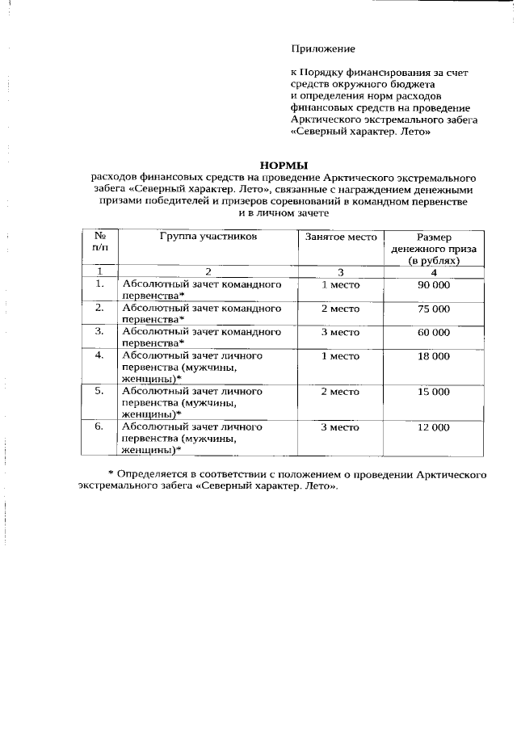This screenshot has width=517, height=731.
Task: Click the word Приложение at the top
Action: [322, 49]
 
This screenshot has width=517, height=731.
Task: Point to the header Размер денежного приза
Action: [434, 250]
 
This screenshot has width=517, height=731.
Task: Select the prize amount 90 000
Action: [434, 285]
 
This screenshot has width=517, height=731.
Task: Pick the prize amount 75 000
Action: [434, 309]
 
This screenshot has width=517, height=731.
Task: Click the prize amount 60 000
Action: [434, 332]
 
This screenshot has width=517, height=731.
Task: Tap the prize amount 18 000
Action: [434, 355]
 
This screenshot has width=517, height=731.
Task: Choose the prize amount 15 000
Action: [434, 392]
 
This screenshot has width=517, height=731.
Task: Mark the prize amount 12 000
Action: [434, 427]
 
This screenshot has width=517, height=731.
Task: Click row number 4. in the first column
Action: [100, 355]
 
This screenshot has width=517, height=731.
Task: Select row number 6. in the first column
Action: [100, 427]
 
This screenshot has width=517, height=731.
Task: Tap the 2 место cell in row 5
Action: [340, 392]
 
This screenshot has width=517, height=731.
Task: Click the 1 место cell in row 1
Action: [340, 285]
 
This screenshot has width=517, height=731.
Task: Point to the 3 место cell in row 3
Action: [340, 332]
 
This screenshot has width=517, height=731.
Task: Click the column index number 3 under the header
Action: [340, 272]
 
